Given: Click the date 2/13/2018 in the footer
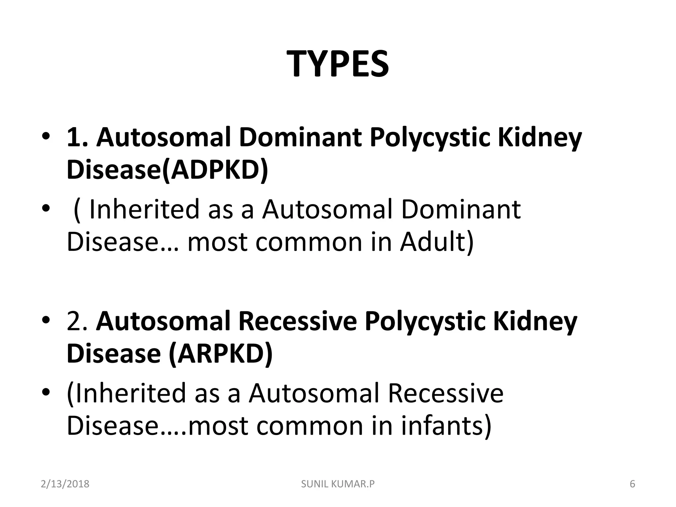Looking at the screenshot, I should point(65,484).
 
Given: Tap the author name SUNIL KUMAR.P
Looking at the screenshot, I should point(338,484).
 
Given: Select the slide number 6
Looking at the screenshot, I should point(632,484).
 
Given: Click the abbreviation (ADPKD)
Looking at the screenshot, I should point(215,170).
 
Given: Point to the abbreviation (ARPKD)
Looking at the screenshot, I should point(220,354).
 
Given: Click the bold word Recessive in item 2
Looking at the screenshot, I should point(297,321).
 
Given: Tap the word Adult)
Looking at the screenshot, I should point(437,242).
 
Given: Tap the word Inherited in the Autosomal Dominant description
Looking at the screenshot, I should point(144,209).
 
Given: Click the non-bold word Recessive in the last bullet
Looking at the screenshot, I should point(445,393).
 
